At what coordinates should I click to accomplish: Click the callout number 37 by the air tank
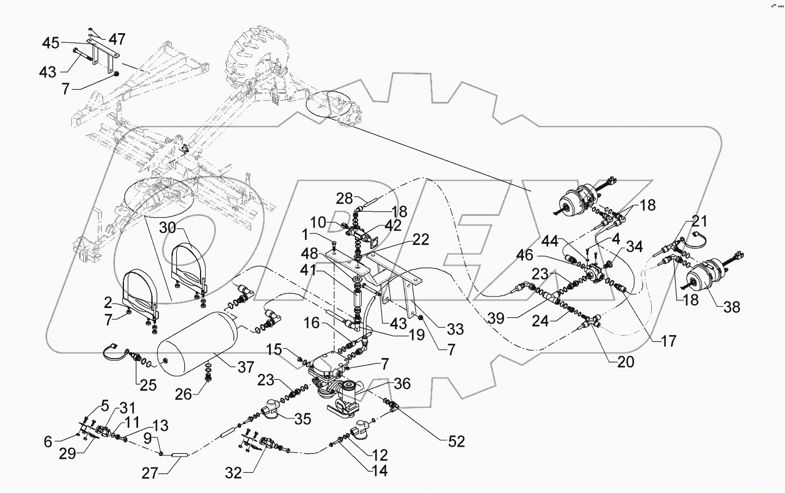point(246,367)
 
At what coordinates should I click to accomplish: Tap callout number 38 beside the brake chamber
point(732,307)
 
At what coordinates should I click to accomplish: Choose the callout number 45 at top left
point(51,43)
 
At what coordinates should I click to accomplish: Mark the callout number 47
point(117,39)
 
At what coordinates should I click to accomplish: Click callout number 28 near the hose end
point(344,198)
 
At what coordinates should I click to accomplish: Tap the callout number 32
point(233,473)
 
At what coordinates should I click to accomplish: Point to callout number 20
point(626,361)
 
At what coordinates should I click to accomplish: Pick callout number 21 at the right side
point(700,221)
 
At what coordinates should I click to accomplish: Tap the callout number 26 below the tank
point(184,393)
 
